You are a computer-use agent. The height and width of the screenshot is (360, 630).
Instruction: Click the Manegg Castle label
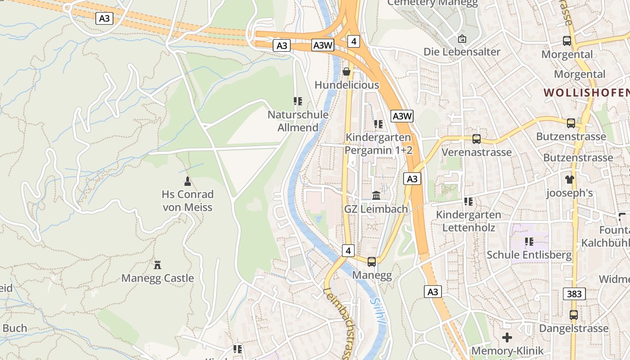pyautogui.click(x=157, y=278)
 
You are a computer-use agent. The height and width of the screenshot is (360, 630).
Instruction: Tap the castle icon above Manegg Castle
pyautogui.click(x=157, y=265)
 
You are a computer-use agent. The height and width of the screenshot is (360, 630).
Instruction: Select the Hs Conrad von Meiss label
pyautogui.click(x=187, y=201)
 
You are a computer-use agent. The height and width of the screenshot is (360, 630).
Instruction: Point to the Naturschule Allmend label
pyautogui.click(x=298, y=121)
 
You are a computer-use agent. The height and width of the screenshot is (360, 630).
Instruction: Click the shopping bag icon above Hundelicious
pyautogui.click(x=346, y=72)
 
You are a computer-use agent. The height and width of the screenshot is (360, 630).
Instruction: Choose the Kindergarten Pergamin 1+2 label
pyautogui.click(x=378, y=144)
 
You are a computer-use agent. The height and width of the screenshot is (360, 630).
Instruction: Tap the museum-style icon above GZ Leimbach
pyautogui.click(x=376, y=196)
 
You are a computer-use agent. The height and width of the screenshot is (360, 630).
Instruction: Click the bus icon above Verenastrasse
pyautogui.click(x=477, y=139)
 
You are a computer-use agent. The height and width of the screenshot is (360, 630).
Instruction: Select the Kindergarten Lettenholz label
pyautogui.click(x=468, y=221)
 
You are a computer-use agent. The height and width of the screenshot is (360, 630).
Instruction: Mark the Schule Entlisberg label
pyautogui.click(x=529, y=255)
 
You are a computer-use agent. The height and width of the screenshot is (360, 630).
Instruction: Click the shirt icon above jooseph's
pyautogui.click(x=570, y=180)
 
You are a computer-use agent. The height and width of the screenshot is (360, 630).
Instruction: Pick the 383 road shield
pyautogui.click(x=574, y=294)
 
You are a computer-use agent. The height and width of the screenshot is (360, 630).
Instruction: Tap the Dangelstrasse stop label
pyautogui.click(x=574, y=328)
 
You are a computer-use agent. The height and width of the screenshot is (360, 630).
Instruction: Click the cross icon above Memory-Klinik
pyautogui.click(x=507, y=337)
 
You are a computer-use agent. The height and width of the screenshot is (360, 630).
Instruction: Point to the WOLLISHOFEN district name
pyautogui.click(x=586, y=93)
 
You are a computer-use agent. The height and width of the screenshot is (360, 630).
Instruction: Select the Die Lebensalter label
pyautogui.click(x=462, y=52)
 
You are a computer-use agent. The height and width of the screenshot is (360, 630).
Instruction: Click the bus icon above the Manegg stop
pyautogui.click(x=372, y=261)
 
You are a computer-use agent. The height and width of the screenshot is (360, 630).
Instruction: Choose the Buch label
pyautogui.click(x=15, y=328)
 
